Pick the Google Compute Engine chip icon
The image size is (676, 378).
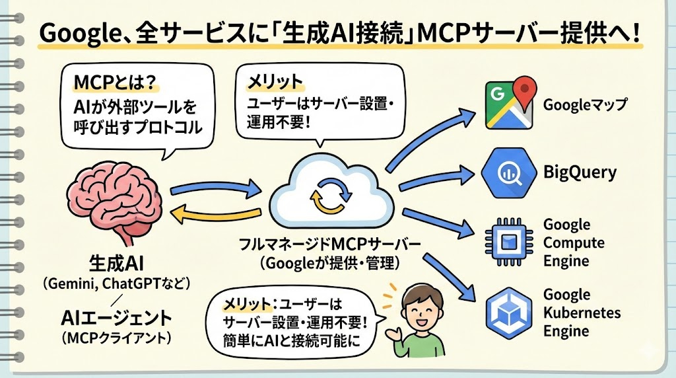pos(508,242)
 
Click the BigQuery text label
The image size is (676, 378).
pos(580,173)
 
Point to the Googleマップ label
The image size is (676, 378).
pos(585,104)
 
